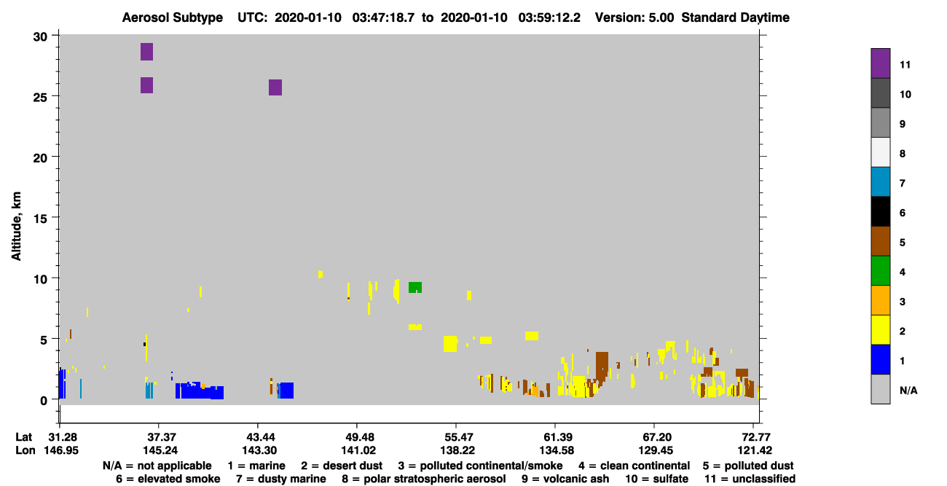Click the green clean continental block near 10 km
click(x=414, y=287)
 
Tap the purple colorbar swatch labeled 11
click(x=880, y=63)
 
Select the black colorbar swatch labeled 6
click(x=880, y=211)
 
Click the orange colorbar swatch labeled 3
click(x=880, y=300)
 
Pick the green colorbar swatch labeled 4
click(x=880, y=271)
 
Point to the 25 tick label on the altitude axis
click(x=40, y=97)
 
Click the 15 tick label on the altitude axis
click(x=40, y=219)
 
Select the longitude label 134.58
click(x=557, y=450)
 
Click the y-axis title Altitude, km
click(x=16, y=227)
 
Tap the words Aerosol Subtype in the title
click(x=173, y=17)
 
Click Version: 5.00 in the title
click(x=634, y=17)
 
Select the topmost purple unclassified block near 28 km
click(x=146, y=52)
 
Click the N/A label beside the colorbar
click(x=908, y=391)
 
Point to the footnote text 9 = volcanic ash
click(x=565, y=479)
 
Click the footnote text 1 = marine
click(x=256, y=466)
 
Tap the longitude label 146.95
click(x=61, y=450)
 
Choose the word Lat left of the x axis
click(x=23, y=437)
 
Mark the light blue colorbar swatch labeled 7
click(x=880, y=182)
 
